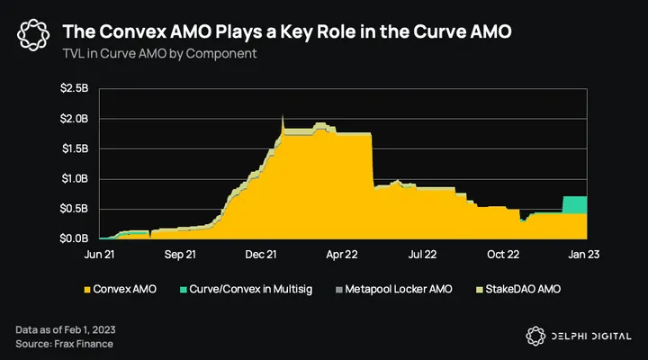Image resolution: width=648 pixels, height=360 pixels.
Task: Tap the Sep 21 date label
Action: (180, 256)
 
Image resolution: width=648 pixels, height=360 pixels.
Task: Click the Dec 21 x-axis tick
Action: (259, 256)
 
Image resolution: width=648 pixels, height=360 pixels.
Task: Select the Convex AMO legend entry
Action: (121, 289)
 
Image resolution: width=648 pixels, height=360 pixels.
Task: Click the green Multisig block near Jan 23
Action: (574, 204)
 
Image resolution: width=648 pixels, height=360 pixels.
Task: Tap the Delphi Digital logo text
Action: (587, 335)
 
